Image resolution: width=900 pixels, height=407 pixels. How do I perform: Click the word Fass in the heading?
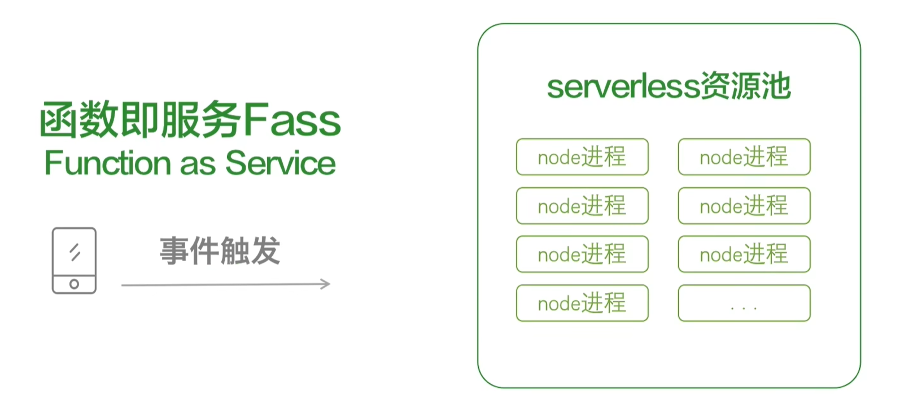tap(292, 120)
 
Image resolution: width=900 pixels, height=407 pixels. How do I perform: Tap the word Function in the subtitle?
tap(107, 163)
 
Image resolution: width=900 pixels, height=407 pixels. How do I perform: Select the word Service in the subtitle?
tap(281, 163)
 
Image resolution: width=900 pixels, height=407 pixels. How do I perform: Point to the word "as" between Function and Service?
tap(198, 164)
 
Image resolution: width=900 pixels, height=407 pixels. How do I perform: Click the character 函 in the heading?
tap(59, 120)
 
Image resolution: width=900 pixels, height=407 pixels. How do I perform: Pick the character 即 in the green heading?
tap(139, 120)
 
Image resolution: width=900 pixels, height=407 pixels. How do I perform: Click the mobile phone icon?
tap(74, 261)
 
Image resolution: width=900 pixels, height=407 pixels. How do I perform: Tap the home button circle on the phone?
tap(74, 284)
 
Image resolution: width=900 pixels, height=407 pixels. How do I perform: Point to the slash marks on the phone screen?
tap(75, 252)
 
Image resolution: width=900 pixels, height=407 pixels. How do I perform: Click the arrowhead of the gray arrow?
tap(325, 284)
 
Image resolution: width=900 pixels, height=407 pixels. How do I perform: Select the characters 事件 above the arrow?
tap(189, 251)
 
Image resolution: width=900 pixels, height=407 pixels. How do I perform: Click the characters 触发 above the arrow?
tap(250, 251)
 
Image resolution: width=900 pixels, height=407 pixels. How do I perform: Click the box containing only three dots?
tap(744, 304)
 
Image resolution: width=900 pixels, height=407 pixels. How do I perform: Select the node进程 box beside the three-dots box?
tap(582, 304)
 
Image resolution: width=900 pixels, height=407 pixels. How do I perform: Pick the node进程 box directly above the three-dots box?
tap(744, 254)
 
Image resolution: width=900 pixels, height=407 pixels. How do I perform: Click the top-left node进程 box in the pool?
tap(582, 157)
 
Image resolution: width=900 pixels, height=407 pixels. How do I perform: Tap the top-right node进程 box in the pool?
tap(744, 157)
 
